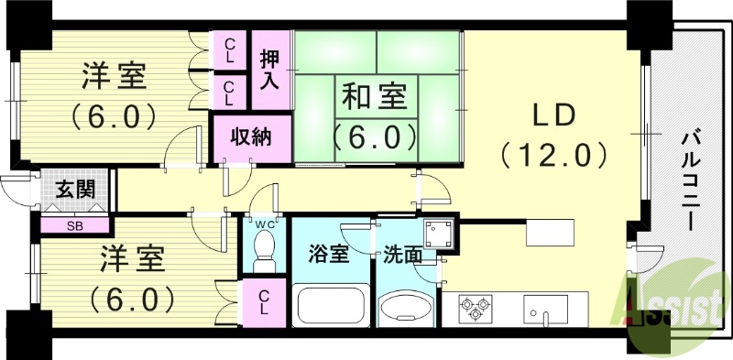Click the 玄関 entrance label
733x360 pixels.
click(74, 191)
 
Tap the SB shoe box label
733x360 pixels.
click(73, 224)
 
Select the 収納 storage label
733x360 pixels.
click(251, 137)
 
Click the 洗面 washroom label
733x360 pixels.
click(403, 254)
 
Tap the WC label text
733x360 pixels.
click(266, 223)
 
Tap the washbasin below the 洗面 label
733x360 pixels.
click(405, 307)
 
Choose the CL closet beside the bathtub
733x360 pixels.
click(264, 302)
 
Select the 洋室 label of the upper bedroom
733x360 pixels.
click(114, 77)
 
